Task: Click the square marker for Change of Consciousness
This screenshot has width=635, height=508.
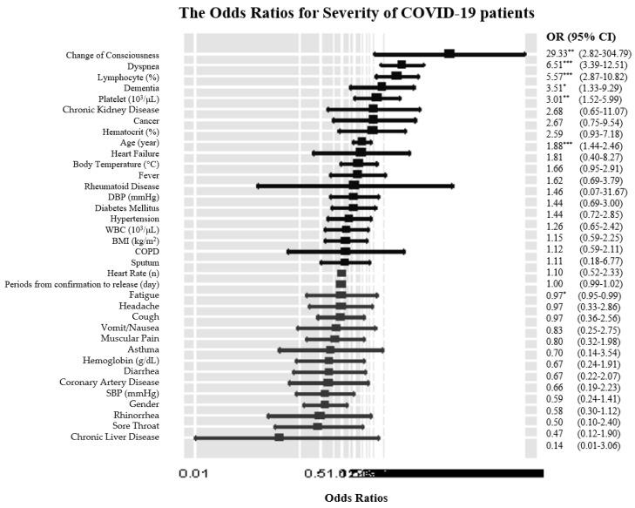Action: pyautogui.click(x=449, y=54)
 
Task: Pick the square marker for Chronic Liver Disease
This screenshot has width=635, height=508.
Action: pyautogui.click(x=279, y=437)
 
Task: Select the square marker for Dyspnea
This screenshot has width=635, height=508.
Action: pyautogui.click(x=402, y=64)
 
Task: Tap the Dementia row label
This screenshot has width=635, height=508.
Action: pyautogui.click(x=140, y=88)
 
